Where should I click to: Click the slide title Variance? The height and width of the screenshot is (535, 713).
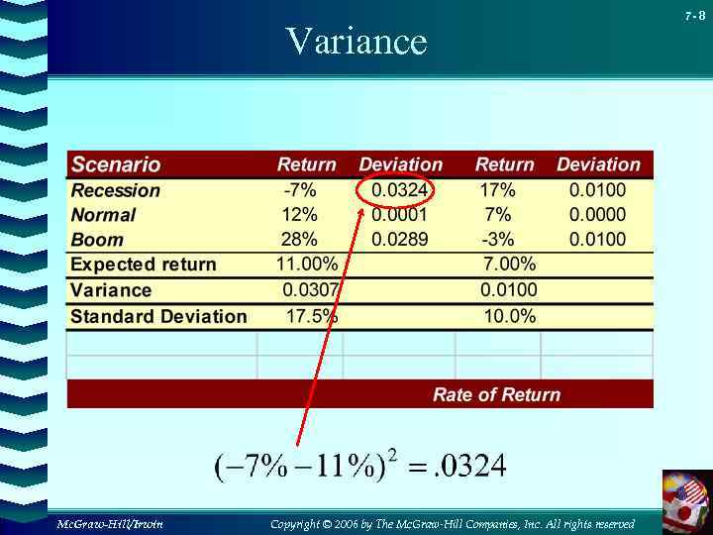pyautogui.click(x=356, y=42)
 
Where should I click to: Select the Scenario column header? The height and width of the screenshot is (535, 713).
pyautogui.click(x=116, y=164)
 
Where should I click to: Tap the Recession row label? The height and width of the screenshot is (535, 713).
pyautogui.click(x=115, y=190)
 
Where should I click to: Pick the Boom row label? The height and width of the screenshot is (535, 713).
pyautogui.click(x=97, y=240)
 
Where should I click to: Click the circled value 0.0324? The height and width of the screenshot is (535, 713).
pyautogui.click(x=400, y=190)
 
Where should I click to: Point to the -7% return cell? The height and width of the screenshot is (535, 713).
pyautogui.click(x=300, y=190)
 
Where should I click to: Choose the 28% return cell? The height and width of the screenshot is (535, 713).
pyautogui.click(x=299, y=240)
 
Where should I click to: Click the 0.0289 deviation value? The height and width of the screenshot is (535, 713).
pyautogui.click(x=400, y=240)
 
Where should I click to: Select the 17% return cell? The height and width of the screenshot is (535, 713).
pyautogui.click(x=497, y=190)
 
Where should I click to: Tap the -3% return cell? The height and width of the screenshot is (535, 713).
pyautogui.click(x=498, y=240)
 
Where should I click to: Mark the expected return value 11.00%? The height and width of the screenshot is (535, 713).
pyautogui.click(x=306, y=265)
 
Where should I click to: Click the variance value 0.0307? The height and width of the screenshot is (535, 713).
pyautogui.click(x=311, y=290)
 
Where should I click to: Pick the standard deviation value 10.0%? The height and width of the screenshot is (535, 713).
pyautogui.click(x=509, y=316)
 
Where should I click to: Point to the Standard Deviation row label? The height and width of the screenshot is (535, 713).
pyautogui.click(x=158, y=317)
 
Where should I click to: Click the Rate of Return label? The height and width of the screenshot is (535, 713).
pyautogui.click(x=496, y=394)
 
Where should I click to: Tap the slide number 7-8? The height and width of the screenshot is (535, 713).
pyautogui.click(x=695, y=15)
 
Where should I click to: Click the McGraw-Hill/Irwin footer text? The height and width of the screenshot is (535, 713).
pyautogui.click(x=110, y=523)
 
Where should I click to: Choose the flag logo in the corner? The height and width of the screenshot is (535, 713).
pyautogui.click(x=686, y=499)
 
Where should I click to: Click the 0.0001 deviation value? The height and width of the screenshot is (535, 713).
pyautogui.click(x=400, y=215)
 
